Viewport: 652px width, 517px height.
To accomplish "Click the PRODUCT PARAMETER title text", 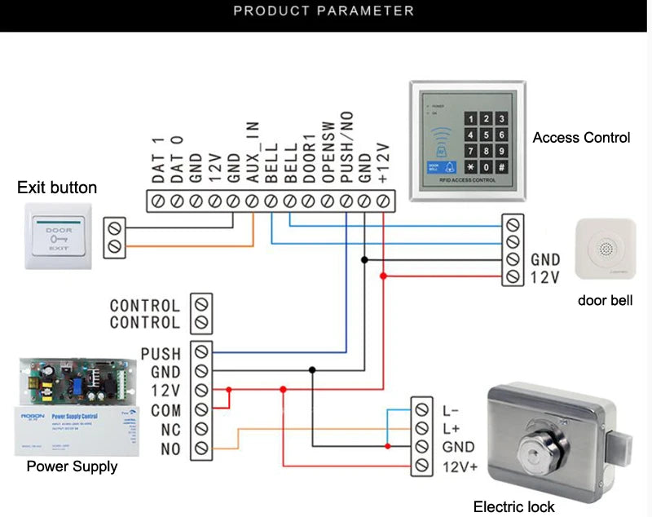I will pos(324,11).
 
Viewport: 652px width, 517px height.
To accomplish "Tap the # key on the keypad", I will pos(503,167).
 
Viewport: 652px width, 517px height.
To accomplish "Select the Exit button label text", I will pos(57,188).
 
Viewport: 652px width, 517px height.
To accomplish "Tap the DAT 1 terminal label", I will pos(158,158).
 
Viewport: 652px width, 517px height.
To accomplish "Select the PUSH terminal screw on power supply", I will pos(201,352).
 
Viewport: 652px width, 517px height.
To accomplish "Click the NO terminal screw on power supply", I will pos(201,449).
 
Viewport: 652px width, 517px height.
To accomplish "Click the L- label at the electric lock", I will pos(451,409).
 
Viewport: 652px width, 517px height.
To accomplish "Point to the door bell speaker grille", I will pos(605,247).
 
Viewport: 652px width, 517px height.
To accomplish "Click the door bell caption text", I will pos(605,300).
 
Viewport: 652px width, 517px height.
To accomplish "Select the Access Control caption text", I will pos(581,138).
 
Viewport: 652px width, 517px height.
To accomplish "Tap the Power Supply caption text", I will pos(72,466).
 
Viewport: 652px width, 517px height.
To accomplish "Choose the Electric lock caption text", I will pos(513,506).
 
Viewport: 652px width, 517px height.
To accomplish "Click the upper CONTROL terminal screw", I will pos(201,304).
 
